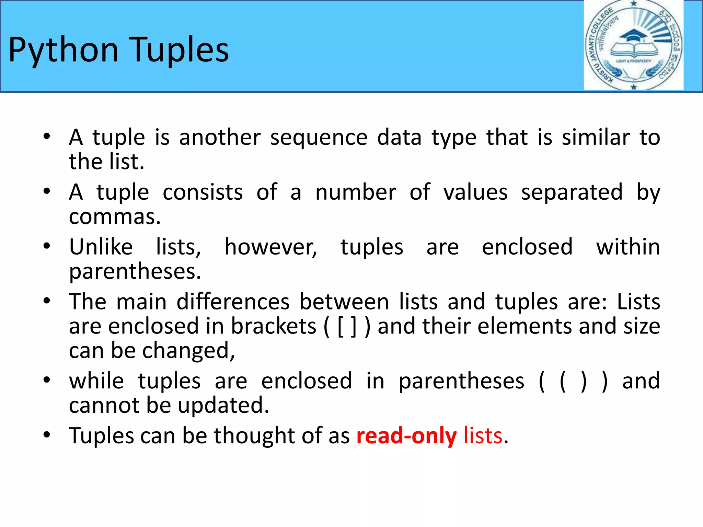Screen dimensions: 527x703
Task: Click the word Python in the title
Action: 64,50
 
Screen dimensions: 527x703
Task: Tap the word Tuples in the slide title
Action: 180,50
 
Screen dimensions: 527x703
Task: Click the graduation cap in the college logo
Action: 634,36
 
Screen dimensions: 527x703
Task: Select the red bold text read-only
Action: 406,436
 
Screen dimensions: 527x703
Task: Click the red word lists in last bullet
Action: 483,436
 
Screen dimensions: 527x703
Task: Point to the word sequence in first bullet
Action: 319,138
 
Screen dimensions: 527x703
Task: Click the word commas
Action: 115,217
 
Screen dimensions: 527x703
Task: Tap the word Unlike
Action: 101,247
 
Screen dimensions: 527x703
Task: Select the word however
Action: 271,247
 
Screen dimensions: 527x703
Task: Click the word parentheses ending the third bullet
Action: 135,271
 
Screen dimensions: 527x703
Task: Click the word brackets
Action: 273,326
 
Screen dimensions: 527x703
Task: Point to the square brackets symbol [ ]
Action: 347,327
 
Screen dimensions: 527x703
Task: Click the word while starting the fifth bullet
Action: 96,381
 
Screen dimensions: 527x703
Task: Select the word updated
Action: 223,406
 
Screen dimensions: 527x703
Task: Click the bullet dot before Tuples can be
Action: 47,435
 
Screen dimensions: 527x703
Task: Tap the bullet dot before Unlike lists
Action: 47,246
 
